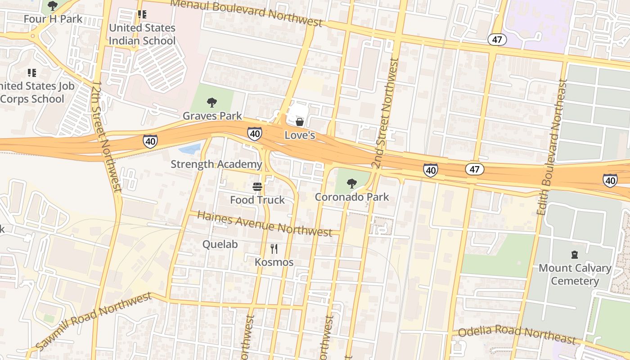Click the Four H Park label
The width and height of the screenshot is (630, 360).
53,19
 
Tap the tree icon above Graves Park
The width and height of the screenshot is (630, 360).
211,103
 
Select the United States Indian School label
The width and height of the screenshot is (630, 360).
142,34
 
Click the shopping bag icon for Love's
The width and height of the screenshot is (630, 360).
299,122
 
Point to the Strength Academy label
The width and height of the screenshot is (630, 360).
216,164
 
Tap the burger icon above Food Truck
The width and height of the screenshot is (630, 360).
257,187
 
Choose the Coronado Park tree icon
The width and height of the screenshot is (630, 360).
352,184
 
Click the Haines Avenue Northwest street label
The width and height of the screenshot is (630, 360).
265,223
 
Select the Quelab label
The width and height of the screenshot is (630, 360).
220,244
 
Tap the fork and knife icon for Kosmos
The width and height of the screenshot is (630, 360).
274,248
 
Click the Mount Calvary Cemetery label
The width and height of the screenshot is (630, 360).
575,274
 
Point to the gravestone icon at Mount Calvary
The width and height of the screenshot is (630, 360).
574,255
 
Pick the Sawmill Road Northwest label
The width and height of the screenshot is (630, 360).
94,321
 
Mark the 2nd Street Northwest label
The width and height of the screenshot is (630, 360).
386,112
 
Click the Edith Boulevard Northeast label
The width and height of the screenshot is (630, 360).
552,147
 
